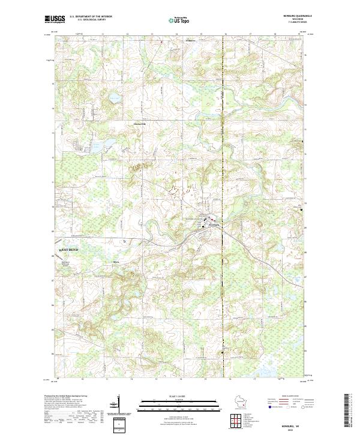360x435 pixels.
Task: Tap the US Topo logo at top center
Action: pyautogui.click(x=179, y=20)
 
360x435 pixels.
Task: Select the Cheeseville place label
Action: pyautogui.click(x=139, y=124)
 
